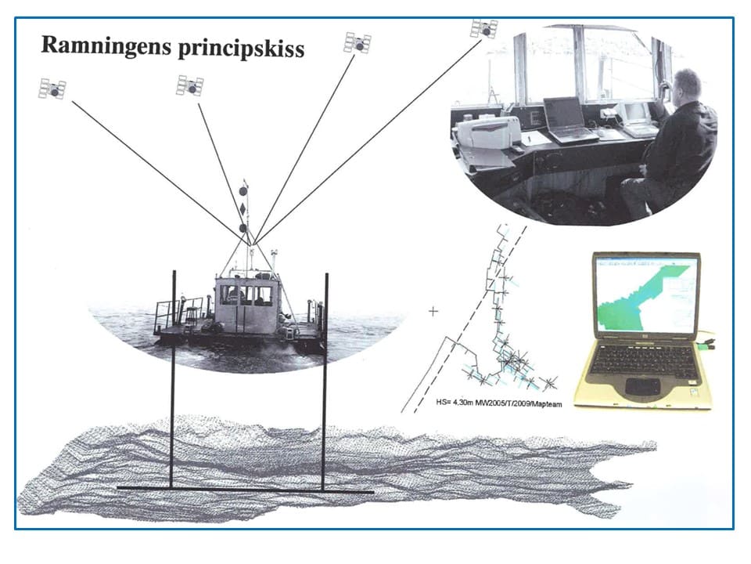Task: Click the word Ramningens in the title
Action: click(106, 46)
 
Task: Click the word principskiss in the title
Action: click(242, 49)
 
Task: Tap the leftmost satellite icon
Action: click(52, 89)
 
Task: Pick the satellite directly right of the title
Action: click(358, 43)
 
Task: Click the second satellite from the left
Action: click(190, 86)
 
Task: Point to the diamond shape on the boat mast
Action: click(243, 209)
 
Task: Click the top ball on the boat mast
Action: click(243, 191)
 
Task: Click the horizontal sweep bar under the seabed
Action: click(245, 490)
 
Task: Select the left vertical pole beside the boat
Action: click(173, 380)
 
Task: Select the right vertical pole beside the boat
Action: click(325, 382)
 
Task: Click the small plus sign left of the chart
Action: click(433, 312)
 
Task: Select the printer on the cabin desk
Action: click(486, 132)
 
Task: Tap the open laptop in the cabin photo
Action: click(568, 121)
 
